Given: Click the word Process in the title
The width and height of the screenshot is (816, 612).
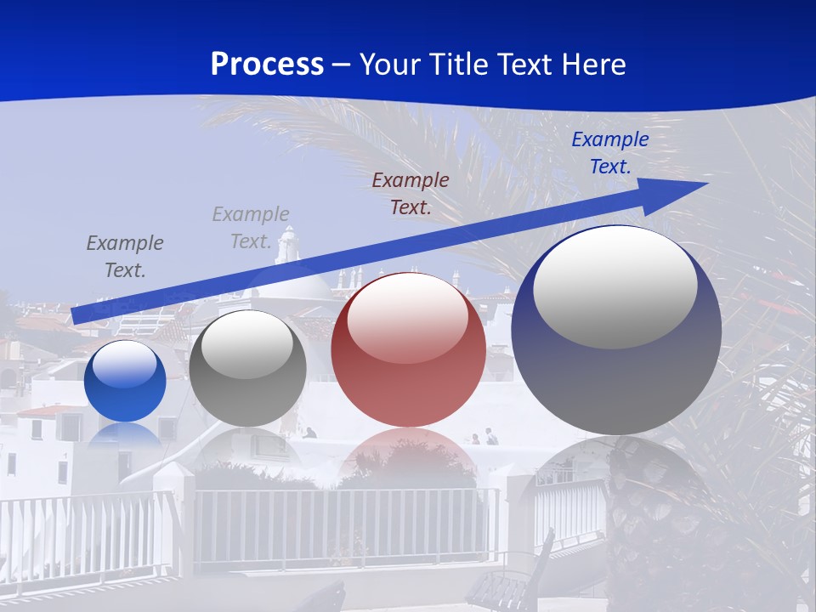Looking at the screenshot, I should [267, 65].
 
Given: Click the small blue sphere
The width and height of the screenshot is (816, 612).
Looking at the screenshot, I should [125, 382].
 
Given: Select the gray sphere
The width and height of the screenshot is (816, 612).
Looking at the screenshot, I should [247, 368].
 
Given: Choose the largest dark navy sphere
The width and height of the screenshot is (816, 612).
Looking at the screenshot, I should [616, 331].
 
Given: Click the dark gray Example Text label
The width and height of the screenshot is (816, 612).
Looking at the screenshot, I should [125, 257].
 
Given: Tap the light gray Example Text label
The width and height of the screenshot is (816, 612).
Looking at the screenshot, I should [251, 228].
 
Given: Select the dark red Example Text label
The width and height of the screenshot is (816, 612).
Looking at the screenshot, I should [411, 193].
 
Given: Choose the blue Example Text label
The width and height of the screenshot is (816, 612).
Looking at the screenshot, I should [609, 153].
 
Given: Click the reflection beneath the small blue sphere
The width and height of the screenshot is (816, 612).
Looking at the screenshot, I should [125, 435].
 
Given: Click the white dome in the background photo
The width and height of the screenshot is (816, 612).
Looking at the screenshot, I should [293, 285].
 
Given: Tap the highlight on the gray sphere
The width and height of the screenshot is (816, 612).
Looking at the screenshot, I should [247, 344].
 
